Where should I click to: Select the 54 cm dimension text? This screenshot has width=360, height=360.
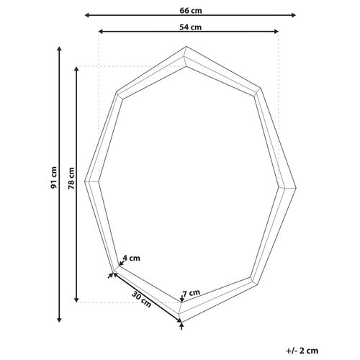[x=190, y=26]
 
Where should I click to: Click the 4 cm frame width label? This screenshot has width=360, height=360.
[x=131, y=257]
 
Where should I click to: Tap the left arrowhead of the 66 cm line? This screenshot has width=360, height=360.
[x=87, y=14]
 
